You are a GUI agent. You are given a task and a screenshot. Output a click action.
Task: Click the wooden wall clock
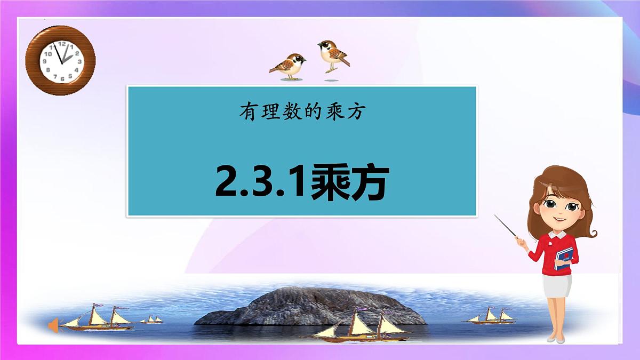pos(60,60)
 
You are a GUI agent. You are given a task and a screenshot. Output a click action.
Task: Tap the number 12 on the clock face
pos(62,44)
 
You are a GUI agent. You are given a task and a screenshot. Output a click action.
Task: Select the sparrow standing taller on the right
pos(333,55)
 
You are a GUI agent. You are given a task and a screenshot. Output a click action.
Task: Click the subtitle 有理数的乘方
pos(301,113)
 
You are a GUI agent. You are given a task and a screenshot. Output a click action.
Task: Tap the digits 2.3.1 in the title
pos(261,182)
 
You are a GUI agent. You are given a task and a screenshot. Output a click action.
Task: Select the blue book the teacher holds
pos(564,258)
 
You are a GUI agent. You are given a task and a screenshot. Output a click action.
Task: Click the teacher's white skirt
pos(557,286)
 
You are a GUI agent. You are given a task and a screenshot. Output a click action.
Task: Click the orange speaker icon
pos(53,325)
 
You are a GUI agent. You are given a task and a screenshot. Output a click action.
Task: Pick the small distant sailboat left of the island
pos(152,320)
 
